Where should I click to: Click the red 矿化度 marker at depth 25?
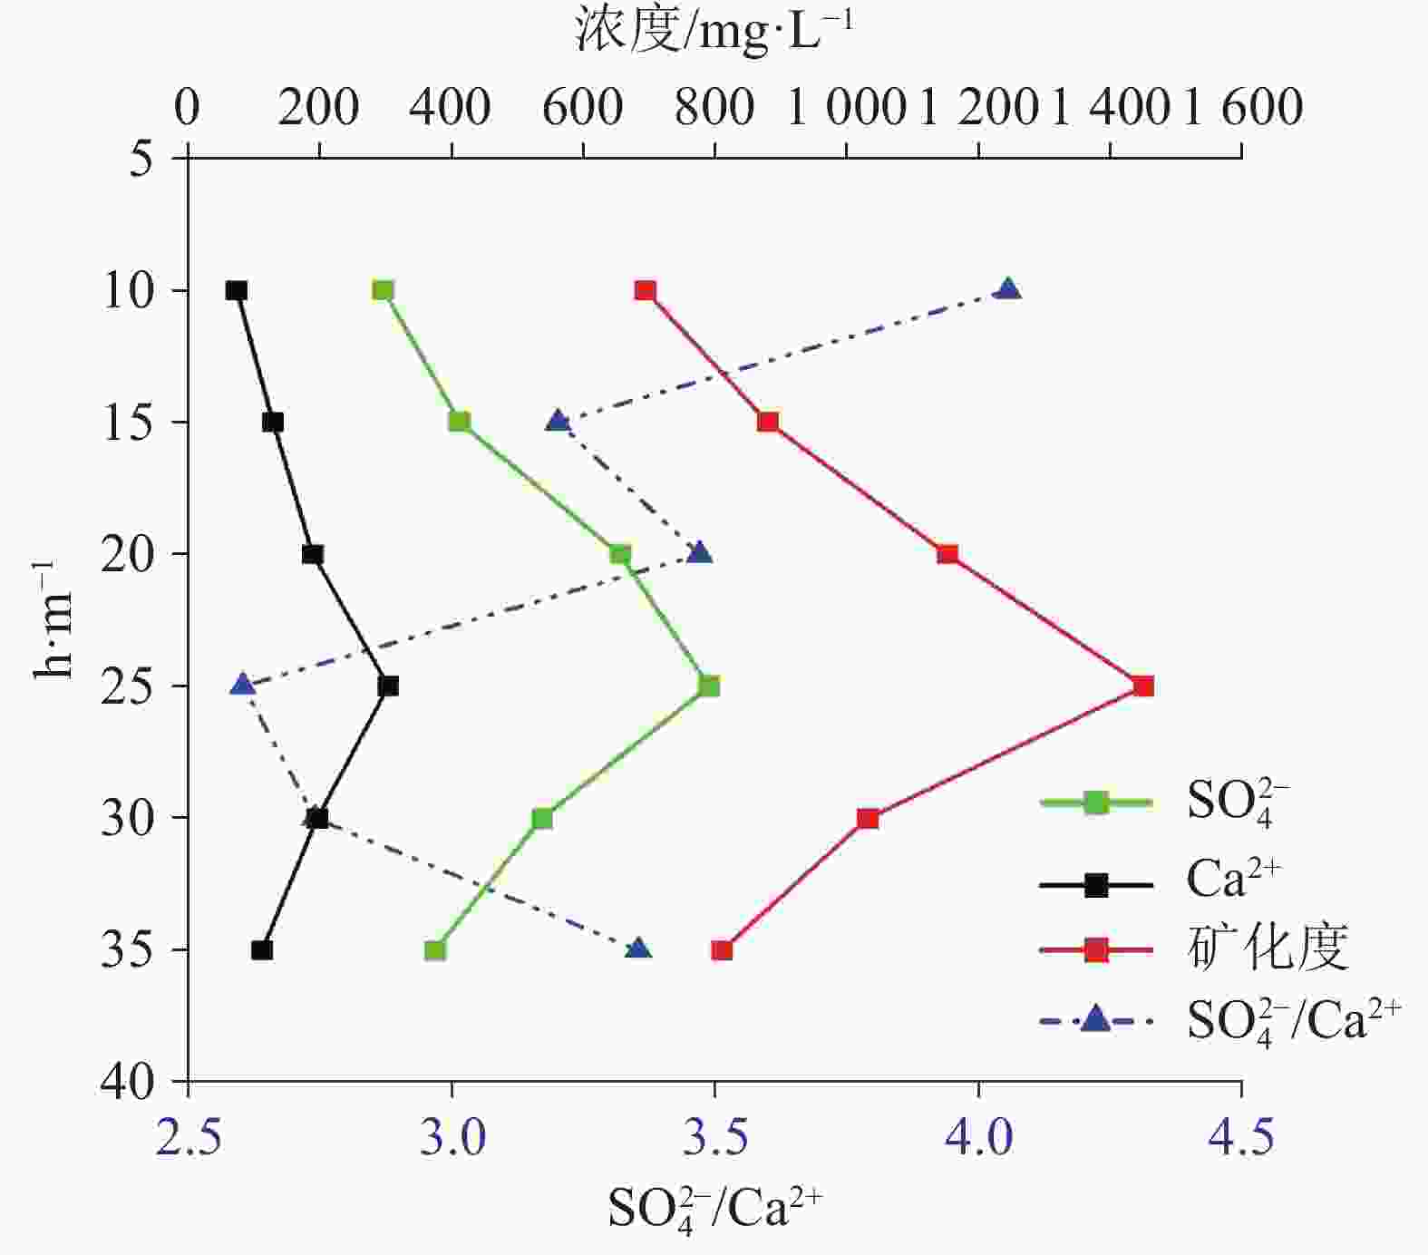pos(1143,686)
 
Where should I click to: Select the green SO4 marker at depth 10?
pos(383,290)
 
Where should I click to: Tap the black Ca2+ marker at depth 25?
pos(388,686)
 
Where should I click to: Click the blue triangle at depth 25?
pos(242,685)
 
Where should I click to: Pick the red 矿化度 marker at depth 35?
pos(722,950)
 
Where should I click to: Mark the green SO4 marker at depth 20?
pos(620,554)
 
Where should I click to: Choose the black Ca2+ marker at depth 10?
pos(237,290)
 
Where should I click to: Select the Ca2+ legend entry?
pos(1233,879)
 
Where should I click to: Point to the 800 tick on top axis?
pos(714,107)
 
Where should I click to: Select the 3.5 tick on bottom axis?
pos(714,1136)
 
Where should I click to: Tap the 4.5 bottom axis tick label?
pos(1241,1136)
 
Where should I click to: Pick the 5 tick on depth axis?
pos(141,160)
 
